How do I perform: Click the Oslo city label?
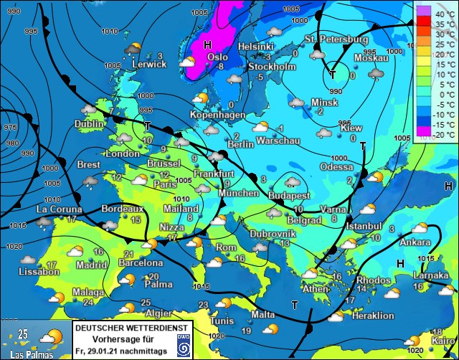click(x=217, y=57)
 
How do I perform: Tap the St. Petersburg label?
click(x=336, y=39)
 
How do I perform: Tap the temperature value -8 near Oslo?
click(x=220, y=67)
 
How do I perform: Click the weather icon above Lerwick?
click(x=133, y=49)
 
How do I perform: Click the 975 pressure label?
click(x=11, y=126)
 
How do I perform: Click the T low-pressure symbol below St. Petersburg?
click(x=333, y=75)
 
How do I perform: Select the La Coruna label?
click(x=59, y=209)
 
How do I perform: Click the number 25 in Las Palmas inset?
click(x=23, y=334)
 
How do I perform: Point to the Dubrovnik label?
click(x=273, y=234)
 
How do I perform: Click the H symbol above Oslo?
click(x=207, y=44)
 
